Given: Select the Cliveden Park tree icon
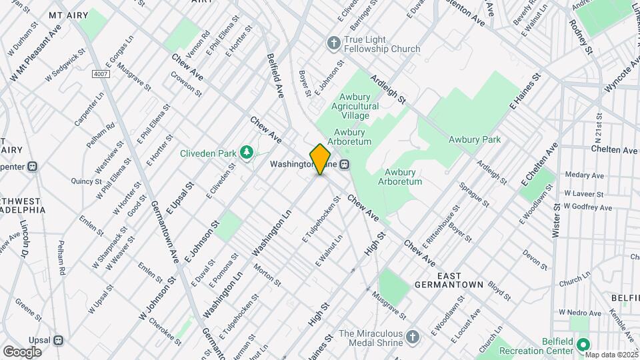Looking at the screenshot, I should click(x=247, y=153).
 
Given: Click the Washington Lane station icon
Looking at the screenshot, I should click(x=345, y=164).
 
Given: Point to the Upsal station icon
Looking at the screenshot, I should click(x=59, y=340).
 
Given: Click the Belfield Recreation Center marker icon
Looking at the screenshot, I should click(x=583, y=345).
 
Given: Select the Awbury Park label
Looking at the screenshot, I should click(x=474, y=140).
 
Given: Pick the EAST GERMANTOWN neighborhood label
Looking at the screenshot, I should click(x=459, y=280).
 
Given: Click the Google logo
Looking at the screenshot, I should click(x=22, y=351).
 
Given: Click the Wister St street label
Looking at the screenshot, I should click(x=555, y=219).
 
